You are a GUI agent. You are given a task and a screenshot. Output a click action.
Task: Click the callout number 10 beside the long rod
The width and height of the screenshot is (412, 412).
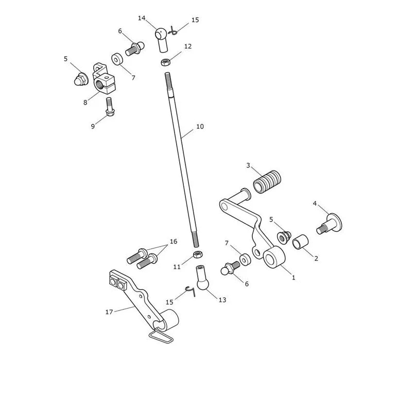tap(200, 127)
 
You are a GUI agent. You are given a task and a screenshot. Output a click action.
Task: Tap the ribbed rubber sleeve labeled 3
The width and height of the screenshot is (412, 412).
tap(267, 182)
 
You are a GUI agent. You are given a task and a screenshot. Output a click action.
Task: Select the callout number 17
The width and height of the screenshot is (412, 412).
tap(109, 312)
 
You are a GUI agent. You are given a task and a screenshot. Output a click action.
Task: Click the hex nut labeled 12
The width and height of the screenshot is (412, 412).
tap(166, 62)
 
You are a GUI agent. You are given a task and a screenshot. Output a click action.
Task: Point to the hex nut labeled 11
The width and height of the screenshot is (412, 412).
tap(198, 254)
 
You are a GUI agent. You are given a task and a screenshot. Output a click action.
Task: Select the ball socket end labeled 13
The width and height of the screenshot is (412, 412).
tap(202, 277)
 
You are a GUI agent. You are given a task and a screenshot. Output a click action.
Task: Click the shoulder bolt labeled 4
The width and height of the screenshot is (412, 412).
tap(330, 224)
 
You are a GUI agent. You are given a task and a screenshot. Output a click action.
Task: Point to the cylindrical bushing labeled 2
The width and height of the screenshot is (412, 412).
tap(301, 242)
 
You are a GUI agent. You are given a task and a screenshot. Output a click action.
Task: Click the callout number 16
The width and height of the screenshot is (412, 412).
tap(174, 241)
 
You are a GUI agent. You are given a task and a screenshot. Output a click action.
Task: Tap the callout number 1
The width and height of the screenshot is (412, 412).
tap(294, 277)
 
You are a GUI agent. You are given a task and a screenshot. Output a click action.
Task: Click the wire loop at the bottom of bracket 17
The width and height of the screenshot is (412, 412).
tap(161, 337)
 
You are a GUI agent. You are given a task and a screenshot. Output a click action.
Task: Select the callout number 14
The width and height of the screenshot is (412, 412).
tap(142, 18)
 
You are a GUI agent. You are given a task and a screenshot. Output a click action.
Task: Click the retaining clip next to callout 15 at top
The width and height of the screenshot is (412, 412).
tap(173, 31)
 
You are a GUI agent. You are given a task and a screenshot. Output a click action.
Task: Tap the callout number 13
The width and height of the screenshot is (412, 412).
tap(222, 300)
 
